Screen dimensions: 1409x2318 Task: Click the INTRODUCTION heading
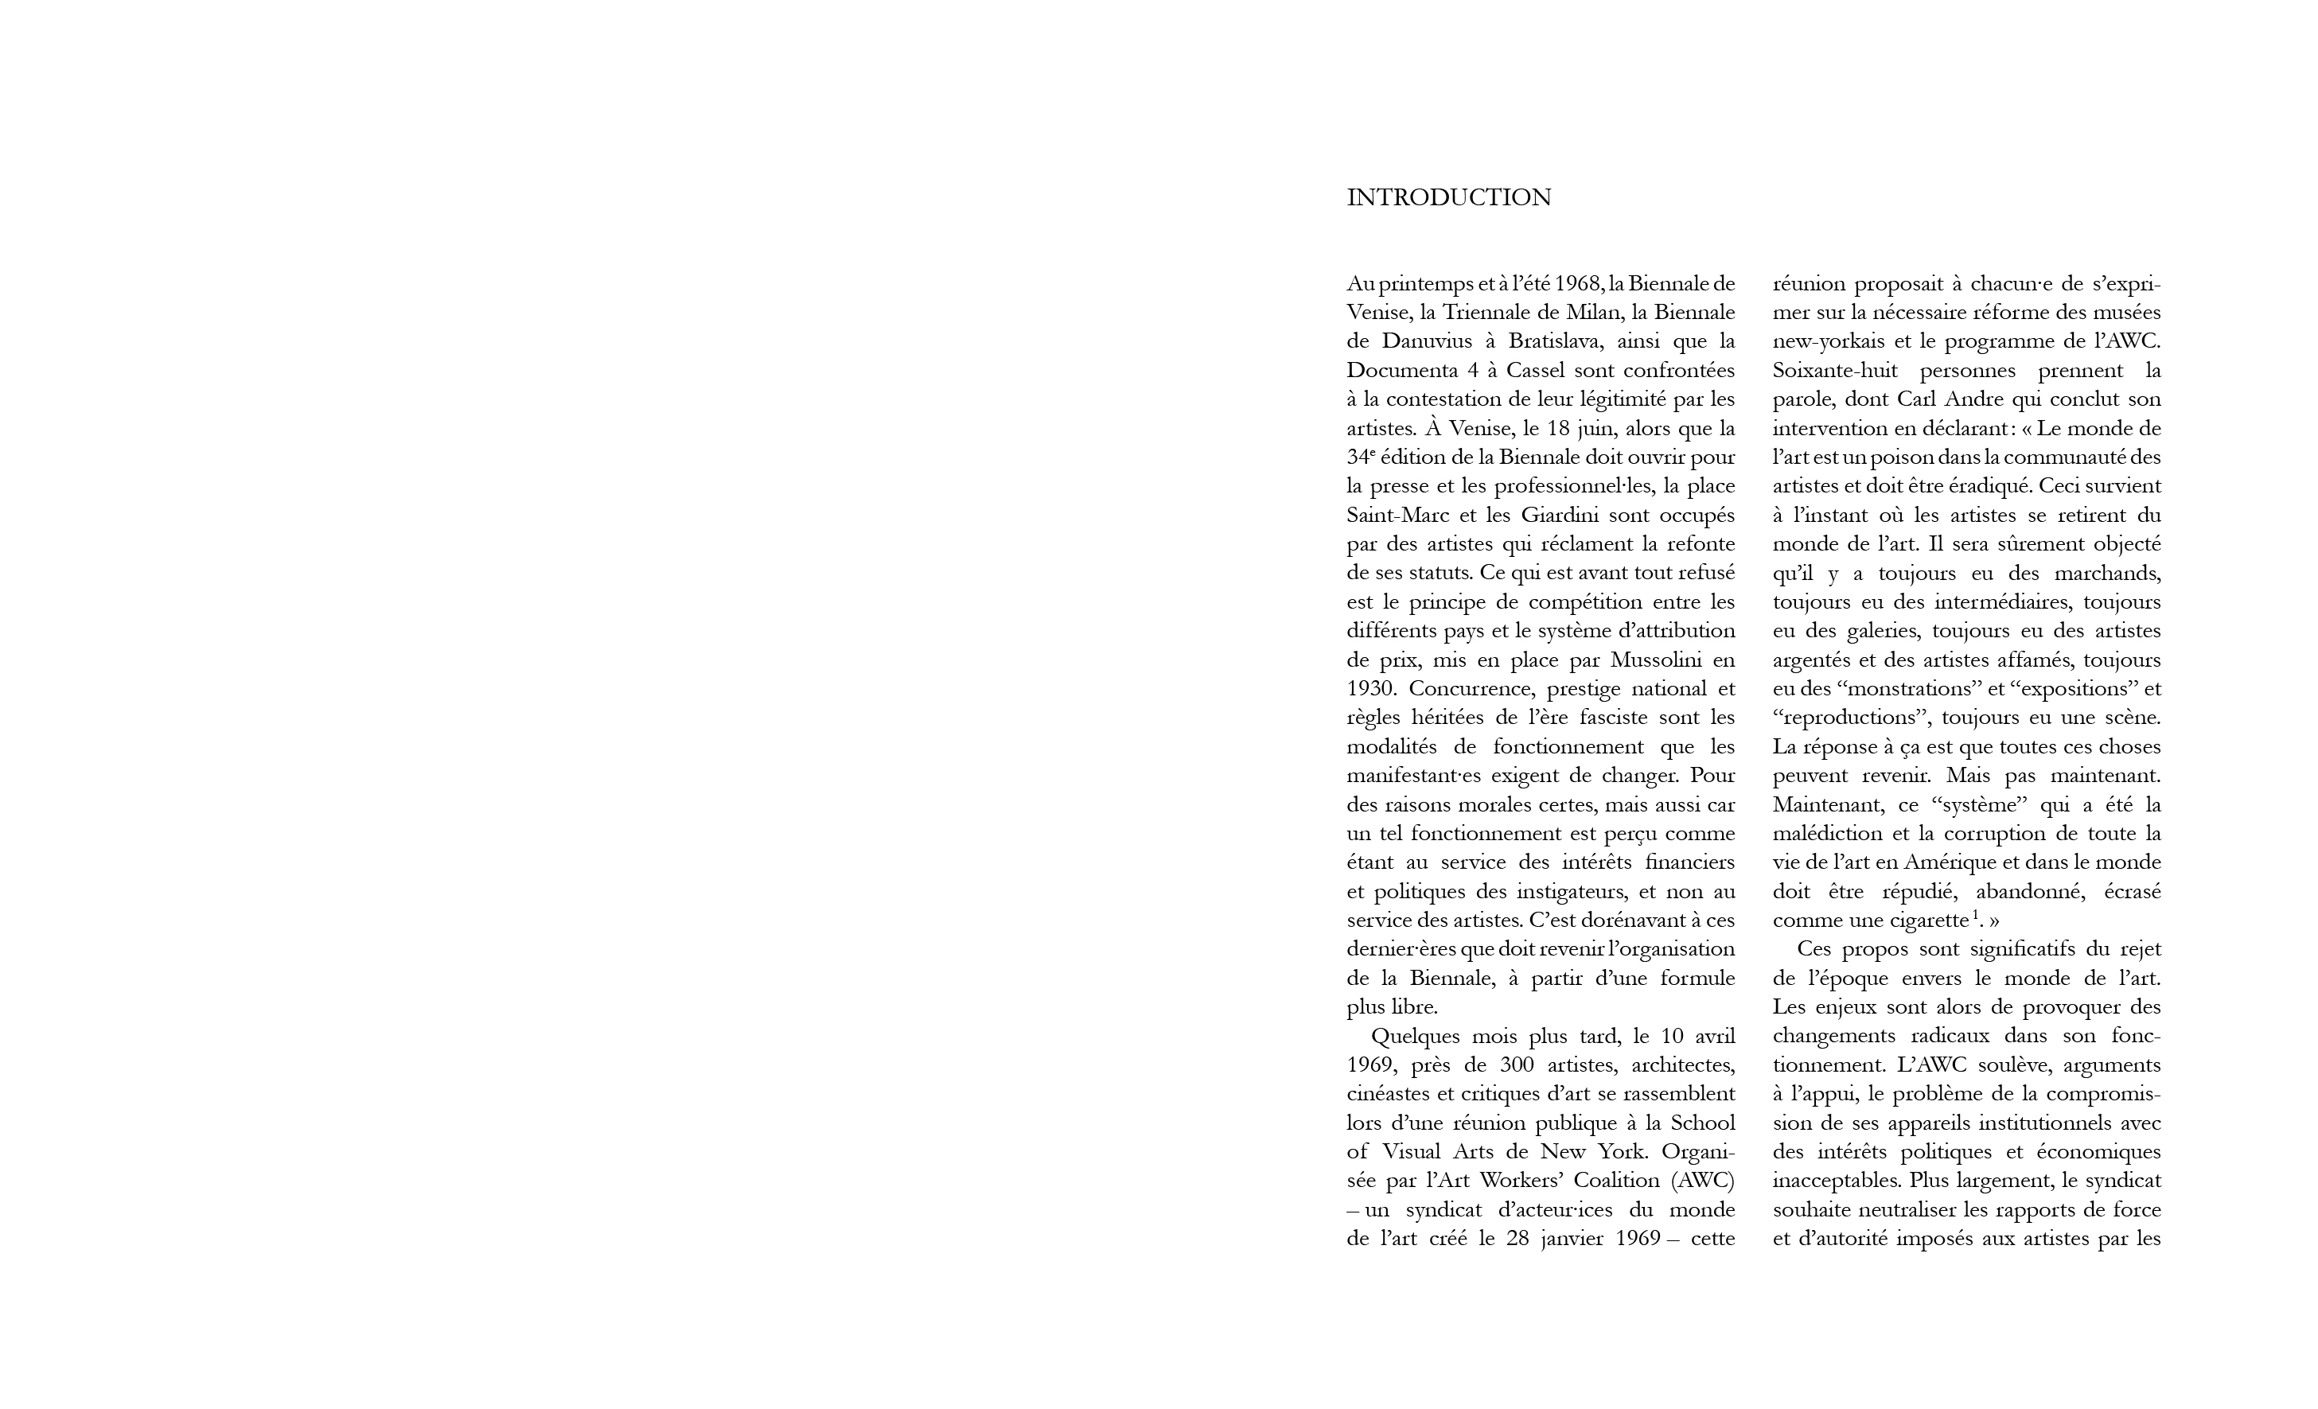(x=1449, y=198)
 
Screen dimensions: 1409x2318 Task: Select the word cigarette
(x=1924, y=921)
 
